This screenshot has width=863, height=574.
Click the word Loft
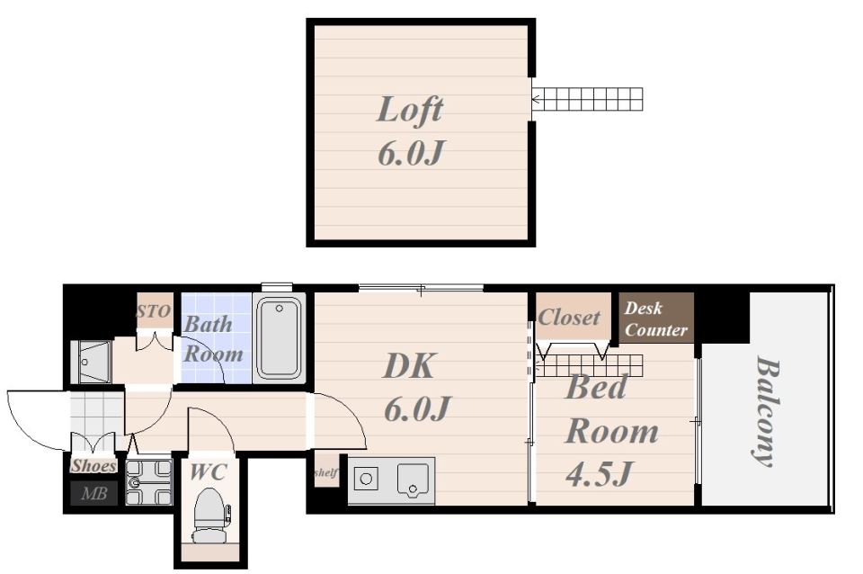point(410,110)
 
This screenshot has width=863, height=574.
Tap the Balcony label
point(767,411)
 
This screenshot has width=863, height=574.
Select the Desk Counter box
point(656,318)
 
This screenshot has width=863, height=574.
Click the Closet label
point(569,317)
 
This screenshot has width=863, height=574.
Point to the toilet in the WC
point(210,515)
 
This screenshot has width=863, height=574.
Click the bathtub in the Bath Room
point(280,337)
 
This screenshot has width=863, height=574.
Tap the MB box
point(94,493)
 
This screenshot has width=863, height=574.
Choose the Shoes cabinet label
point(93,465)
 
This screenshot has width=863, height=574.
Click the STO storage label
point(153,311)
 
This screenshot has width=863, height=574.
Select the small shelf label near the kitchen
point(325,472)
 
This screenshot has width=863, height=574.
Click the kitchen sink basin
point(413,479)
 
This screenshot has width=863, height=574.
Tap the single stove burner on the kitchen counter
point(366,479)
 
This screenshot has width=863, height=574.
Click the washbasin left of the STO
point(92,362)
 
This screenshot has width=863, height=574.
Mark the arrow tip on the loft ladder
point(533,100)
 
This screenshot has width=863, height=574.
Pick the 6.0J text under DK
point(418,408)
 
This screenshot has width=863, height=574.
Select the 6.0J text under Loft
point(411,153)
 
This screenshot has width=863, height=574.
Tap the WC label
point(209,471)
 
